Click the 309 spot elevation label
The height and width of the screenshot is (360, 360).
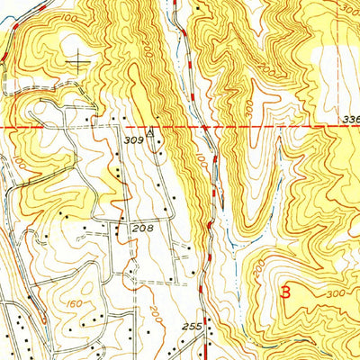click(133, 140)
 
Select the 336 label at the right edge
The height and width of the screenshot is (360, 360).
click(351, 118)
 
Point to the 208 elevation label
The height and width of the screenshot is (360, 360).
click(142, 229)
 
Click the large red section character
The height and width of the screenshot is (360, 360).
click(286, 293)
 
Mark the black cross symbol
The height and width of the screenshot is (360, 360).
click(81, 61)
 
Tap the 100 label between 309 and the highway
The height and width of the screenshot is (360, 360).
click(197, 164)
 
